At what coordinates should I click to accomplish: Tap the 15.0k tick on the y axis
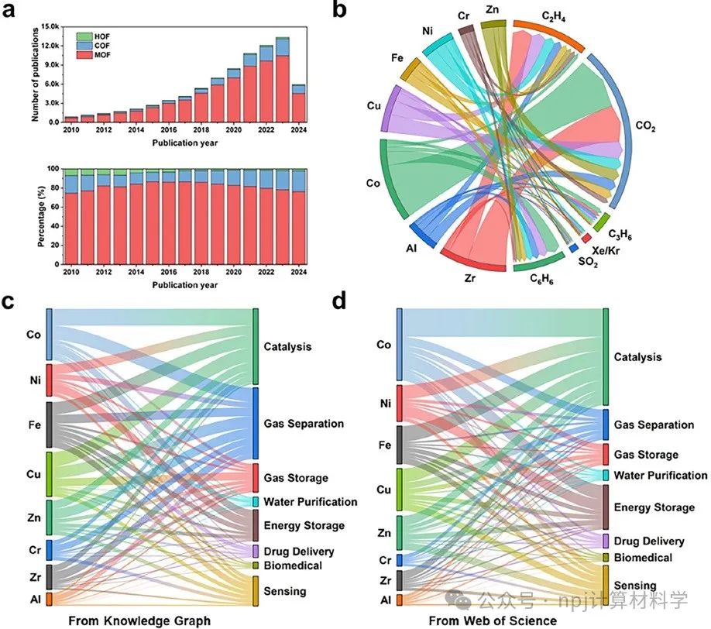[50, 26]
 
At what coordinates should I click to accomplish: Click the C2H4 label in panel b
[552, 14]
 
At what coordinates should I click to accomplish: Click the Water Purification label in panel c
[311, 502]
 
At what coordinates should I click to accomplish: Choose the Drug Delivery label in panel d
[649, 541]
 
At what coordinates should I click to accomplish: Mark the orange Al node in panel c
[49, 599]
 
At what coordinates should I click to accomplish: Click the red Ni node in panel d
[400, 404]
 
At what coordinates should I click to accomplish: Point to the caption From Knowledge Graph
[139, 620]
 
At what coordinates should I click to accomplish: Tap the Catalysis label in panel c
[287, 346]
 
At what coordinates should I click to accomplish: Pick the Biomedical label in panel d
[643, 558]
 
